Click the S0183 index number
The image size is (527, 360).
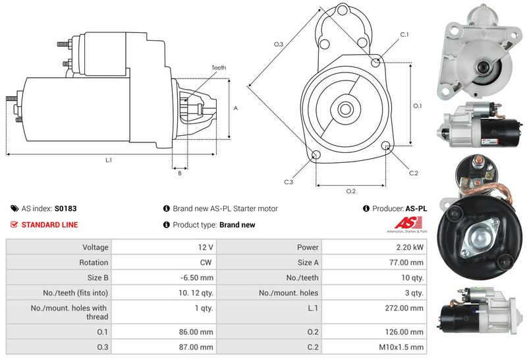coord(65,208)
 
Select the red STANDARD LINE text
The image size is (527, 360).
coord(49,225)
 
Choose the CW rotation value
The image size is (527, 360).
coord(207,262)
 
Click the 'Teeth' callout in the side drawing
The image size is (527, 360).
coord(219,68)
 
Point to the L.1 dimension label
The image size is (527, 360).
coord(109,160)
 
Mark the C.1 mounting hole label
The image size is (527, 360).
coord(404,34)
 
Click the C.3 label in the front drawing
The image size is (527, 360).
coord(289,182)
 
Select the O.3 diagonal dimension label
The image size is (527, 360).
coord(279,44)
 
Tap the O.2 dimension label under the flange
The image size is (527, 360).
coord(351,191)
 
